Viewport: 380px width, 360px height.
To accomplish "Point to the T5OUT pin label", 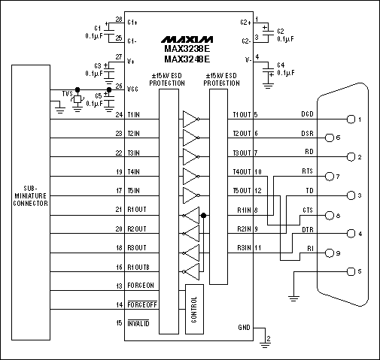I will pos(242,190).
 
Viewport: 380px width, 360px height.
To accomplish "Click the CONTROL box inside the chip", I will pos(193,309).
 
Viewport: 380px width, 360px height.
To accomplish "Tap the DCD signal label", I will pos(307,114).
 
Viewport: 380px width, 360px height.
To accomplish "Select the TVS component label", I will pos(67,93).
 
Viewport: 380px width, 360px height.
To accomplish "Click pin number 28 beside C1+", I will pos(118,20).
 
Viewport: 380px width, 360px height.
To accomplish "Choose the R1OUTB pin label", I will pos(144,267).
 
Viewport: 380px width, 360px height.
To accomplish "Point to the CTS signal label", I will pos(307,209).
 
